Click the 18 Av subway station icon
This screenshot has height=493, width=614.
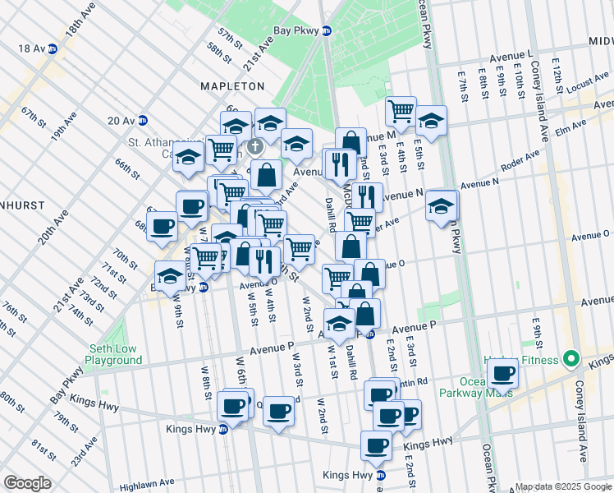[x=53, y=49]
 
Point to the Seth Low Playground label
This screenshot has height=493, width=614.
[x=113, y=354]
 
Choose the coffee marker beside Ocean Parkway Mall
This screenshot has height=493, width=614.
[x=502, y=374]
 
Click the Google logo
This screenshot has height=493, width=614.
[x=27, y=483]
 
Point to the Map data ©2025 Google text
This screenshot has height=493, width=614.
[x=562, y=486]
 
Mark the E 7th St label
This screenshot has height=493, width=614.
[x=462, y=81]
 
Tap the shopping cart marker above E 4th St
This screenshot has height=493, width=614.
[x=401, y=110]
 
